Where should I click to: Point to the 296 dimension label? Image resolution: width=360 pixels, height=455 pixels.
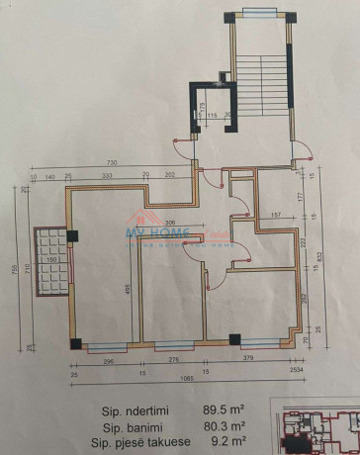tap(109, 361)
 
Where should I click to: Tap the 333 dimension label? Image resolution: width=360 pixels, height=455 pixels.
tap(105, 177)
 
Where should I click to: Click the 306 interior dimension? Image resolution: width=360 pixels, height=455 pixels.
tap(170, 223)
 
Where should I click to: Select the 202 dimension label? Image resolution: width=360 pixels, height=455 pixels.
tap(169, 177)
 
